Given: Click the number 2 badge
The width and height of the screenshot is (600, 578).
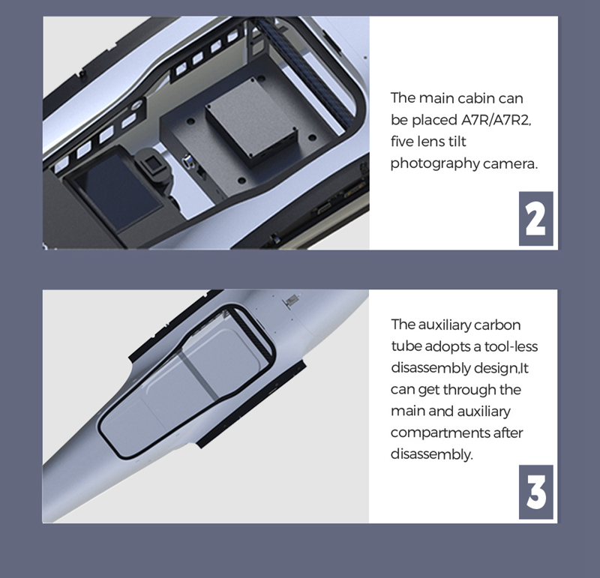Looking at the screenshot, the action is [x=535, y=218].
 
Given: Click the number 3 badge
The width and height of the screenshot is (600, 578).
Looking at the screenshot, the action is [x=535, y=492].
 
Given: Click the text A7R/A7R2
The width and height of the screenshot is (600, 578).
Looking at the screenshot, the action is [x=496, y=120].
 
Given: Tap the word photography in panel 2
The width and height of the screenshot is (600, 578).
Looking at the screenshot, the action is [x=435, y=163].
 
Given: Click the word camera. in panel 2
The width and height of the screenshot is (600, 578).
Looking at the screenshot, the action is [x=510, y=164].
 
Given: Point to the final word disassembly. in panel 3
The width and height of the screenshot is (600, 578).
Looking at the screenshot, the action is [x=432, y=454].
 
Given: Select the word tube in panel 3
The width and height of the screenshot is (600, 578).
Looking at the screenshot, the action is [x=406, y=346].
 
